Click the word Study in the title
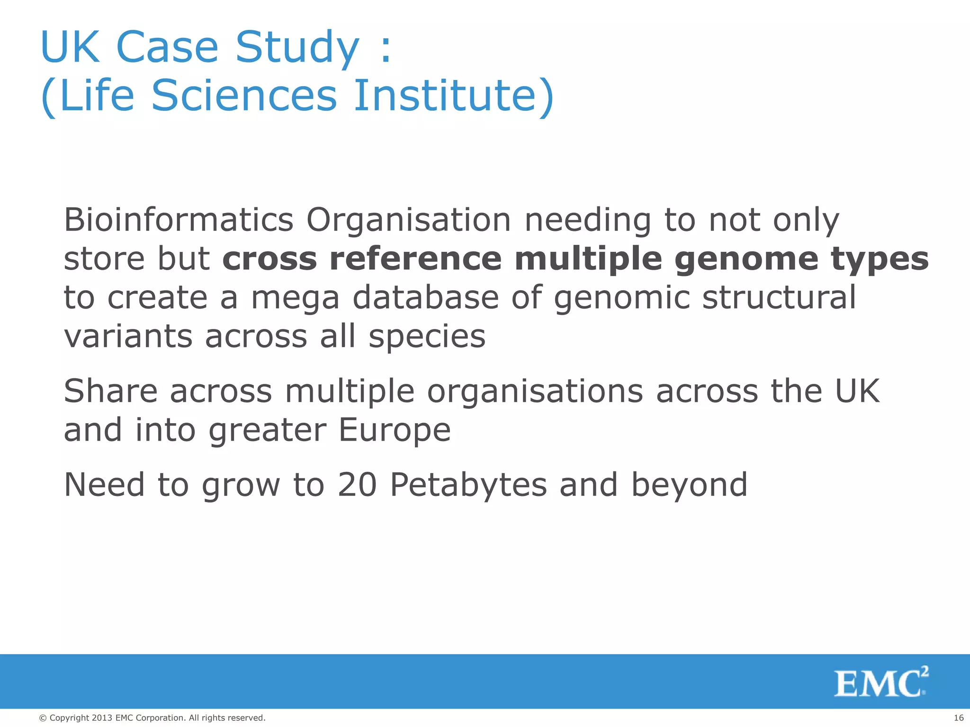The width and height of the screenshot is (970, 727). (x=297, y=47)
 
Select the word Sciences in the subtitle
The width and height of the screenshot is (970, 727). (x=243, y=96)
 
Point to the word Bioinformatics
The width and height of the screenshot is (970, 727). (x=179, y=220)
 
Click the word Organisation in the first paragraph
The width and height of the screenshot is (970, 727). (x=408, y=220)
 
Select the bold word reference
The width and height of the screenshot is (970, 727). (x=415, y=259)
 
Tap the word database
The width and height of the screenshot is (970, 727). (x=426, y=298)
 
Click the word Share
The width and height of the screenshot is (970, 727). (x=110, y=391)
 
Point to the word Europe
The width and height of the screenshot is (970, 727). (x=394, y=430)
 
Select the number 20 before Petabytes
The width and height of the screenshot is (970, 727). (x=357, y=485)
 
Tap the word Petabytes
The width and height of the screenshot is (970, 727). (x=468, y=486)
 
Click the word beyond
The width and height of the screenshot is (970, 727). (x=689, y=486)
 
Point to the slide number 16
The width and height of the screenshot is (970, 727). (x=958, y=718)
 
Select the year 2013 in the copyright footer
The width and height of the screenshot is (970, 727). (x=102, y=718)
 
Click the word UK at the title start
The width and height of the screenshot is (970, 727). (x=70, y=47)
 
